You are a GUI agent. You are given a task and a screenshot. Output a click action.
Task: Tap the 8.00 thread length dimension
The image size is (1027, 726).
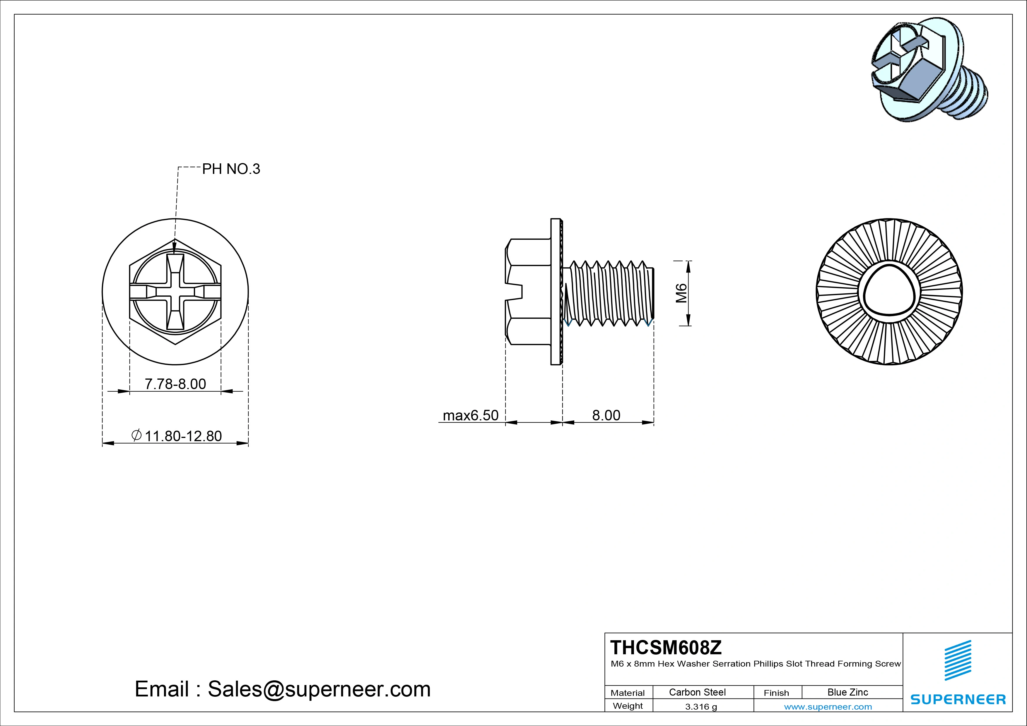pyautogui.click(x=606, y=415)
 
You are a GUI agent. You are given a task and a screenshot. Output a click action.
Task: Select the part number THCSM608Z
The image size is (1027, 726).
pyautogui.click(x=666, y=647)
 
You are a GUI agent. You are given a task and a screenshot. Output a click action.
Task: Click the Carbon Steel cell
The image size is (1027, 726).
pyautogui.click(x=697, y=692)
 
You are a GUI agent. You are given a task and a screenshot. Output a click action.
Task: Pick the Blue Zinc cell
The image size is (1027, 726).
pyautogui.click(x=847, y=692)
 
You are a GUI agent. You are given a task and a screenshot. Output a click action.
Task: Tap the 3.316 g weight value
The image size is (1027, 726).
pyautogui.click(x=700, y=707)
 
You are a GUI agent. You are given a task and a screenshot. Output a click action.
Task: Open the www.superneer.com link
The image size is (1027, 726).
pyautogui.click(x=828, y=707)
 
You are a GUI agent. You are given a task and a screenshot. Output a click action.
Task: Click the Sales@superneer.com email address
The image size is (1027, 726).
pyautogui.click(x=319, y=689)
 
